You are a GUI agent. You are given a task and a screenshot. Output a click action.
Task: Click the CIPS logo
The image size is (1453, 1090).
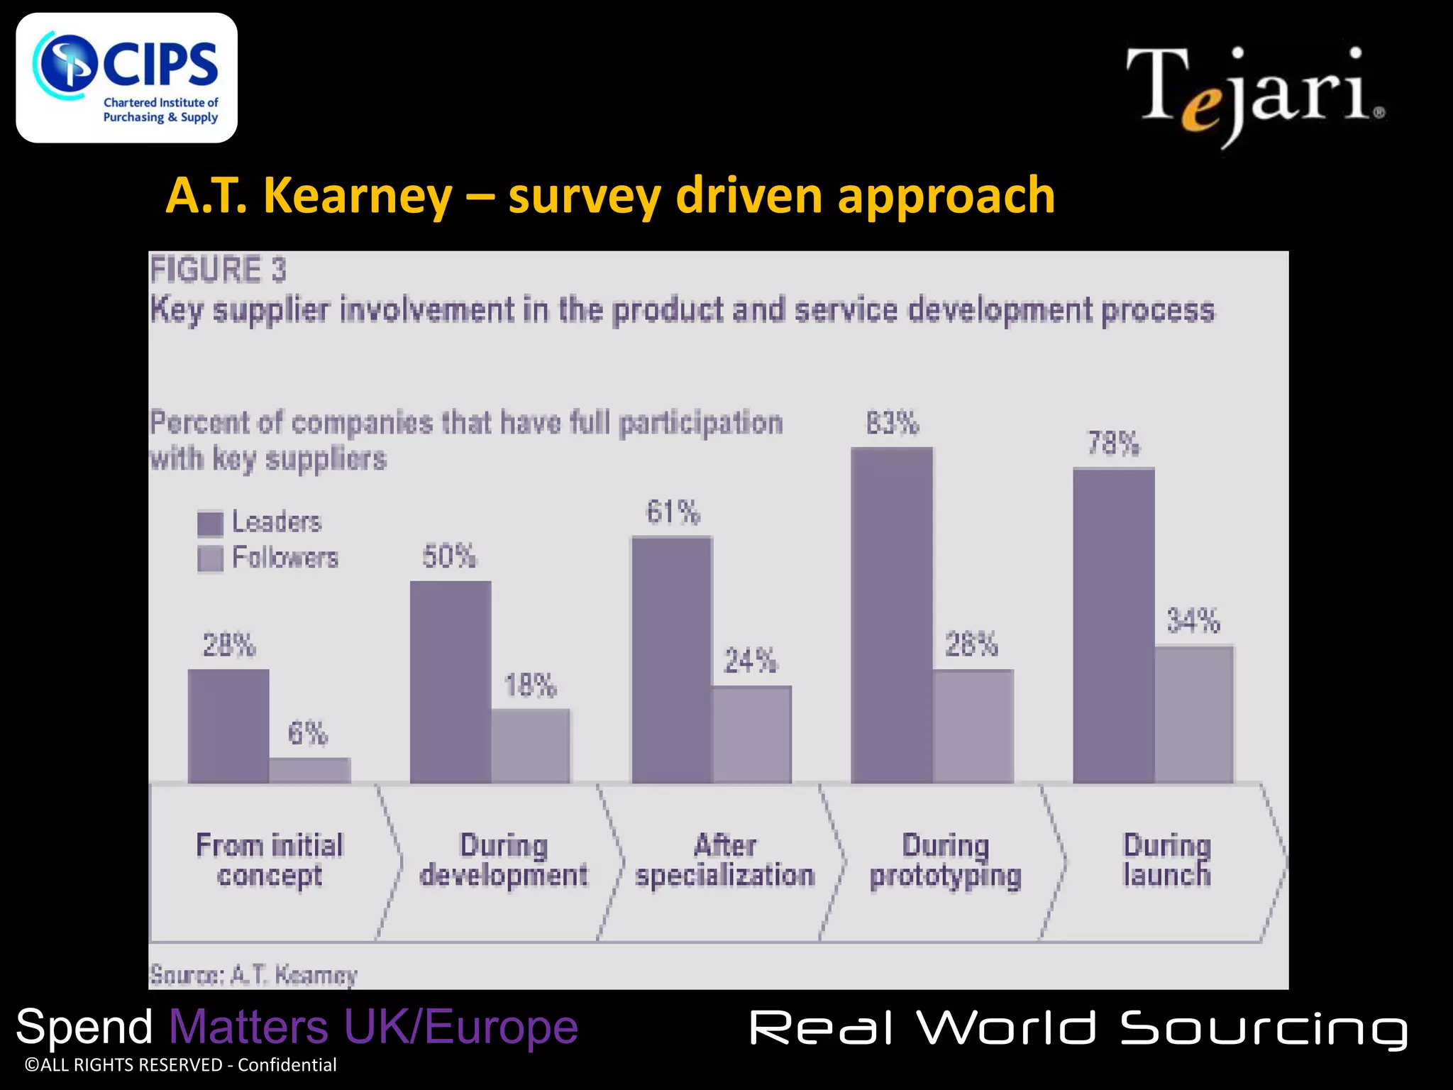coord(126,78)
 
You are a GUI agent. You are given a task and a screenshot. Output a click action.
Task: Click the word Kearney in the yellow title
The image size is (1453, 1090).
coord(358,196)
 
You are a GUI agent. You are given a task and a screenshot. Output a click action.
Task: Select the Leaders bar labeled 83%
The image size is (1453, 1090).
coord(892,615)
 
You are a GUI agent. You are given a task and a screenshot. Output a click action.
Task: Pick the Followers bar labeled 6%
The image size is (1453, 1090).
coord(309,771)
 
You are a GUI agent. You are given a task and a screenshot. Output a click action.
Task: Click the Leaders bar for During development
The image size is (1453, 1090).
coord(451,681)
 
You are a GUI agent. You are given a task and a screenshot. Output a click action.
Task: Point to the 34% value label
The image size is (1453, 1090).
coord(1193,621)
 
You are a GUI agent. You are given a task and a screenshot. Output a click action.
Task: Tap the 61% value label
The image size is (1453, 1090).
coord(673,512)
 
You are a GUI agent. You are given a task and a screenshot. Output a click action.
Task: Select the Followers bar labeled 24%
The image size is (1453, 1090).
coord(751,734)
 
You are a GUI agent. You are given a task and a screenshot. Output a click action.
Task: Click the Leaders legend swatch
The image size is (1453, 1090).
coord(210,524)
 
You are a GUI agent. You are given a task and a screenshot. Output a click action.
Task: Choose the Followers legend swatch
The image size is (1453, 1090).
coord(210,558)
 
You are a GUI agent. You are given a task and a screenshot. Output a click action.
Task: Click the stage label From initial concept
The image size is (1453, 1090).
coord(270,860)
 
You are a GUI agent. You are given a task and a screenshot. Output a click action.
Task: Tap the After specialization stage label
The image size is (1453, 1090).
coord(724,860)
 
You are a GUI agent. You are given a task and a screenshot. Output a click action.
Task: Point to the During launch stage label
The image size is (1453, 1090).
coord(1166,860)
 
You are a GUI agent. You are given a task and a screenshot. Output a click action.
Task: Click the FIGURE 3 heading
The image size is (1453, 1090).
coord(218,270)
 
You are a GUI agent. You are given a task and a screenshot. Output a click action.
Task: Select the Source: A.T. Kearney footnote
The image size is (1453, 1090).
coord(253,975)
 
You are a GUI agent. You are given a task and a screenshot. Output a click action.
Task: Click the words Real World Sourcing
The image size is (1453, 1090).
coord(1078,1029)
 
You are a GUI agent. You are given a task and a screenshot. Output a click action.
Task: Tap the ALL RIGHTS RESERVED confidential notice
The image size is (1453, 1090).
coord(180,1065)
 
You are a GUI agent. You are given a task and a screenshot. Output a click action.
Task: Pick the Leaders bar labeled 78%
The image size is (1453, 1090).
coord(1113,625)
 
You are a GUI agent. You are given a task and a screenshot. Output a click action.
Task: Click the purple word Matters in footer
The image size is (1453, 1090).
coord(248,1027)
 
